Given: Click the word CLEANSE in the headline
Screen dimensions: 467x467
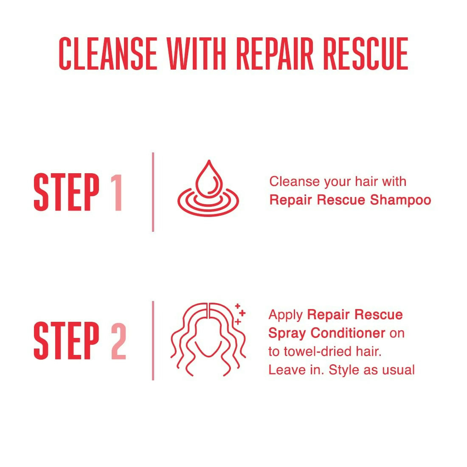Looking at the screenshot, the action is click(x=108, y=53).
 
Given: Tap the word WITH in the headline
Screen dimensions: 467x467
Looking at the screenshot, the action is click(x=196, y=53).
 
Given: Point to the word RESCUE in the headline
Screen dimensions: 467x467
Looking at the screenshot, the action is click(x=366, y=53).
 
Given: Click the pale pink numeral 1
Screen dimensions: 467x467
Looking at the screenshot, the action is click(x=117, y=192).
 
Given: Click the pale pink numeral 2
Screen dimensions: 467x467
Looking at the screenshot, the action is click(x=118, y=341).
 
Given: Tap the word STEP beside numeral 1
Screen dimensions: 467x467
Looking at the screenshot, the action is click(x=66, y=192).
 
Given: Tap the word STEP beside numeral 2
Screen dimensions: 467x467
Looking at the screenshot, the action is click(x=66, y=340).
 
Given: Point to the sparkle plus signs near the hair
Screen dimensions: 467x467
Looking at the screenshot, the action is click(x=240, y=314).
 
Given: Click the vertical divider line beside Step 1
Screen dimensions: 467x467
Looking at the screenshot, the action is click(x=153, y=192).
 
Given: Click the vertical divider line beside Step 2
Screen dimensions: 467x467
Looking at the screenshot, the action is click(x=153, y=341).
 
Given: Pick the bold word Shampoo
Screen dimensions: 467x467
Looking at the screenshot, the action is click(x=401, y=200).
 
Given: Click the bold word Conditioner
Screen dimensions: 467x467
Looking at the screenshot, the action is click(x=348, y=333).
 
